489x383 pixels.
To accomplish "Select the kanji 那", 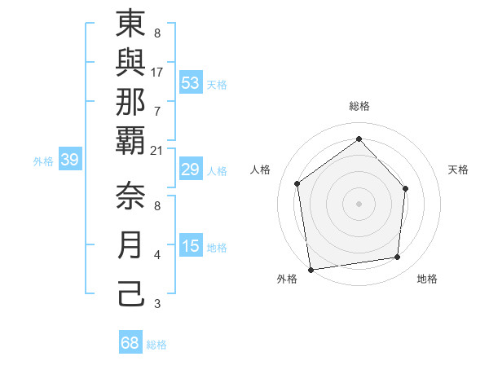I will coord(131,104).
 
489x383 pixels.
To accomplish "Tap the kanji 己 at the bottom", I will coord(131,293).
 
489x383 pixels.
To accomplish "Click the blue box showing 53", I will coord(191,83).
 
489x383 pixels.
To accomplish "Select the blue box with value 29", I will coord(191,170).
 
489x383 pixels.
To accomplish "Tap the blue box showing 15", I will coord(191,247).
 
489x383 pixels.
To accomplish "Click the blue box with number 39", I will coord(70,161).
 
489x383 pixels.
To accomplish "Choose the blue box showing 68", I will coord(130,343).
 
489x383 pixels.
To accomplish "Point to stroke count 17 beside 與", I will coord(156,72).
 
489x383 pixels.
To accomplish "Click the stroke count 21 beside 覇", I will coord(156,150).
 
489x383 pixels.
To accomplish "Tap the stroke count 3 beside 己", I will coord(156,304).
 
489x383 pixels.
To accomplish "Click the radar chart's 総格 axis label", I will coord(359,106).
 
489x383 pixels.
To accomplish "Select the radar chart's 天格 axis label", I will coord(458,169).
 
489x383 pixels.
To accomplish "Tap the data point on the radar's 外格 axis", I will coord(311,269).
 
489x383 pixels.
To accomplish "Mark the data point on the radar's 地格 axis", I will coord(398,258).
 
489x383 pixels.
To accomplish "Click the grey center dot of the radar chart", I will coord(359,203).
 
